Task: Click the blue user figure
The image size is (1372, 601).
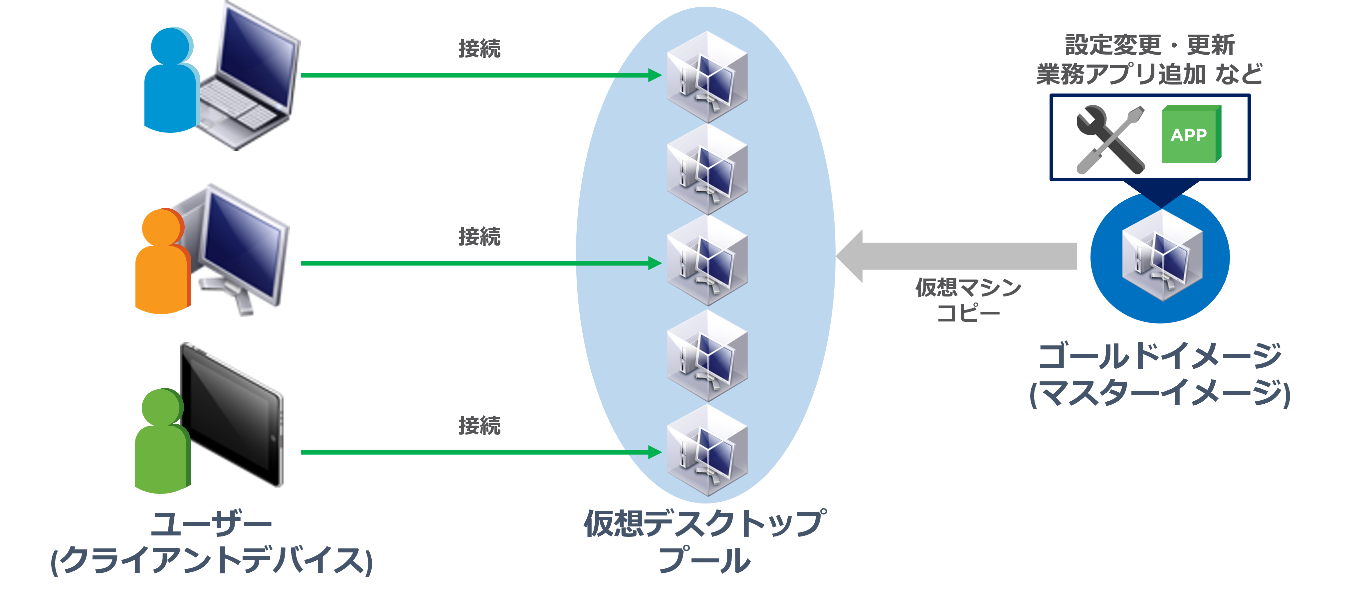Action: pyautogui.click(x=169, y=85)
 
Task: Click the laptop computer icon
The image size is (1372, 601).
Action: pyautogui.click(x=250, y=80)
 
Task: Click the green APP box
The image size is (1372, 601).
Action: pyautogui.click(x=1190, y=134)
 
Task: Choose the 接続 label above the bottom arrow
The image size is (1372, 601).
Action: pyautogui.click(x=479, y=425)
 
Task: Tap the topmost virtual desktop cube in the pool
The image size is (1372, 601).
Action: pyautogui.click(x=707, y=77)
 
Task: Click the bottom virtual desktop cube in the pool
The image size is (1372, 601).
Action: pyautogui.click(x=707, y=450)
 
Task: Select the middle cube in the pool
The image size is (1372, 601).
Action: pyautogui.click(x=707, y=261)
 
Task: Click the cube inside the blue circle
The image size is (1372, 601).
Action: pyautogui.click(x=1161, y=256)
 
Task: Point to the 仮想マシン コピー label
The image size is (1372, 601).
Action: pyautogui.click(x=968, y=300)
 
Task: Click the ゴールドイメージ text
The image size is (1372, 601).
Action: pyautogui.click(x=1160, y=356)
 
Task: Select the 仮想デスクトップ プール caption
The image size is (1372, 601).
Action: pyautogui.click(x=705, y=541)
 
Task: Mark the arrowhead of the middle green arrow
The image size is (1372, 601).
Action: pyautogui.click(x=655, y=263)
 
